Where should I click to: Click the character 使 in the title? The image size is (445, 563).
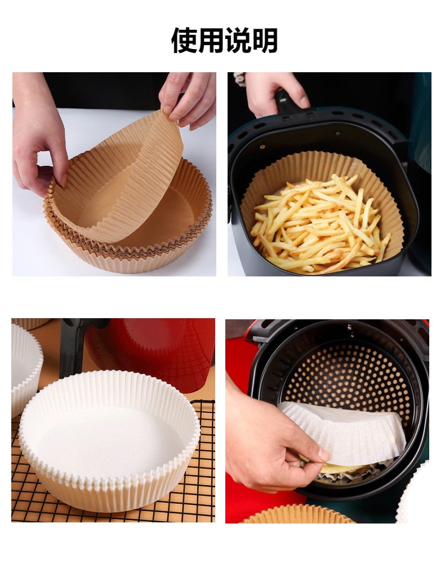pyautogui.click(x=184, y=40)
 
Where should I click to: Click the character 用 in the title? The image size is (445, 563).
pyautogui.click(x=211, y=40)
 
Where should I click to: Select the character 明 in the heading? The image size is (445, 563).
pyautogui.click(x=265, y=40)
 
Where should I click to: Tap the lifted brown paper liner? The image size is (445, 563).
pyautogui.click(x=118, y=179)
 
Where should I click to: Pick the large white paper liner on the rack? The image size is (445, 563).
pyautogui.click(x=109, y=440)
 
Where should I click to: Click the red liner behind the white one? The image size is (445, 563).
pyautogui.click(x=158, y=350)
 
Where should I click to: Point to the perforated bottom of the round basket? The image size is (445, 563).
pyautogui.click(x=350, y=377)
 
